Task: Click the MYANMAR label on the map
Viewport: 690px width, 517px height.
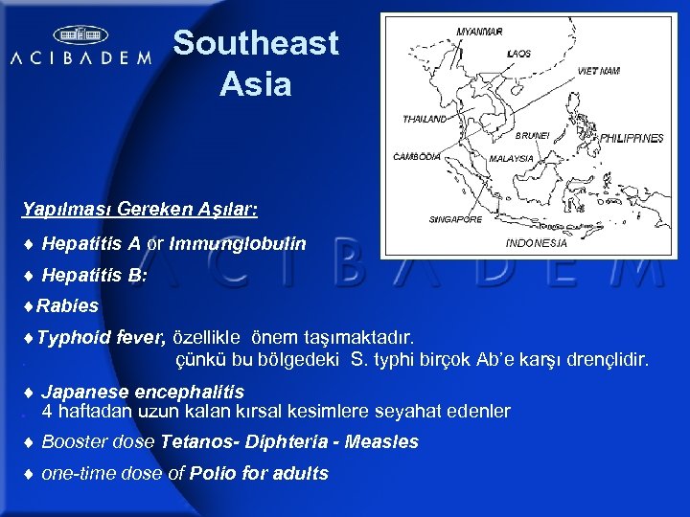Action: [x=479, y=32]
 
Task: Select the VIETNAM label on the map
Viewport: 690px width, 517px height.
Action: [x=599, y=71]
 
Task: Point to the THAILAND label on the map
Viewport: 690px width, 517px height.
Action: [x=425, y=120]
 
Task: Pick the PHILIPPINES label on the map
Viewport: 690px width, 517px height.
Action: [x=632, y=139]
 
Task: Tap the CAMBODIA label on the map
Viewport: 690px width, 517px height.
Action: [x=418, y=155]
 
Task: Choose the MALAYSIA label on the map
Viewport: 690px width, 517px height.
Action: [x=512, y=159]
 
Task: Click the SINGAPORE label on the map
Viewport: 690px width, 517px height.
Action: [x=455, y=219]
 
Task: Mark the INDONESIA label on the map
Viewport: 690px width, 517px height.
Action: [x=537, y=243]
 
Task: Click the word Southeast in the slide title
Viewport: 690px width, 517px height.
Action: [x=256, y=43]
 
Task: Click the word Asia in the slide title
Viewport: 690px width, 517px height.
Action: [x=255, y=84]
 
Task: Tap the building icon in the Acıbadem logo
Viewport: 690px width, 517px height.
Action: [x=80, y=34]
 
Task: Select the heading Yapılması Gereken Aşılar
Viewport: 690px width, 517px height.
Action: [x=140, y=208]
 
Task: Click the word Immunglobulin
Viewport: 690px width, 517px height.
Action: [x=238, y=244]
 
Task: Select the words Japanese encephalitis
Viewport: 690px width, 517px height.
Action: [x=143, y=392]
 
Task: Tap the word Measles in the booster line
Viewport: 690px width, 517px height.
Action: [x=382, y=442]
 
